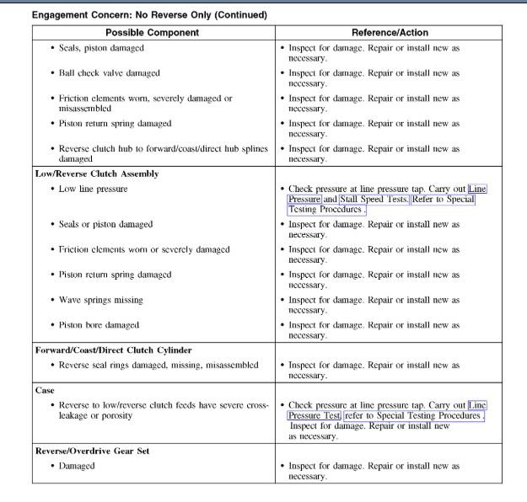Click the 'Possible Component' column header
152,33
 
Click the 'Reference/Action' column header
389,33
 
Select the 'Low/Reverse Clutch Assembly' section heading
97,174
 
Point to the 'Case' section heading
45,391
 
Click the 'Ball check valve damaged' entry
109,73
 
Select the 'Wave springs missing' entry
100,300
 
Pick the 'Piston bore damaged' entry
99,325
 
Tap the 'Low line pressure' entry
93,189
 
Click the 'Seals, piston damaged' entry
101,48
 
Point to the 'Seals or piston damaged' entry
105,225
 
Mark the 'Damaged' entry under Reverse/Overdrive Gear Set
77,466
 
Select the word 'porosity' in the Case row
122,416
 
